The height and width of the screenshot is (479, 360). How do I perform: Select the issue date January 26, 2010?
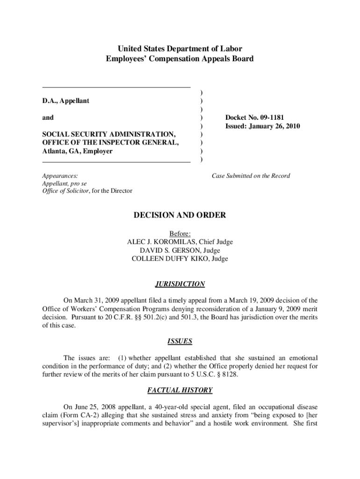pos(276,126)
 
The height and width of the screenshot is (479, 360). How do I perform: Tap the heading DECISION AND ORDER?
pos(180,215)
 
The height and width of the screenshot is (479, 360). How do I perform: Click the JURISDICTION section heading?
pos(180,284)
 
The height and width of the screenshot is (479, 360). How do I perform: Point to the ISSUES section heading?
pos(180,341)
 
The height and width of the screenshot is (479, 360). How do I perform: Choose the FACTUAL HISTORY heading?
pos(180,390)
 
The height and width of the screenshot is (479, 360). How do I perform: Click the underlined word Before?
pos(180,233)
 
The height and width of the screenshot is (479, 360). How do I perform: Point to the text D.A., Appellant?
pos(66,101)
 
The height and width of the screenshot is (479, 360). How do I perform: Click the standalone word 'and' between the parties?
pos(48,118)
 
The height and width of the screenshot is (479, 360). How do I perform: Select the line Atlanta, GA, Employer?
pos(78,152)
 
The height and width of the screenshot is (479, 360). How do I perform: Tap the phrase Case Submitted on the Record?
pos(251,176)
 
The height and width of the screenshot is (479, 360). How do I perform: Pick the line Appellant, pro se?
pos(65,183)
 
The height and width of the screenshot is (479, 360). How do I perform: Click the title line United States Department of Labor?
pos(180,49)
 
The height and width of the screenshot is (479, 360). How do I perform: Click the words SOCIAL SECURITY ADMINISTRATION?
pos(109,135)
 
